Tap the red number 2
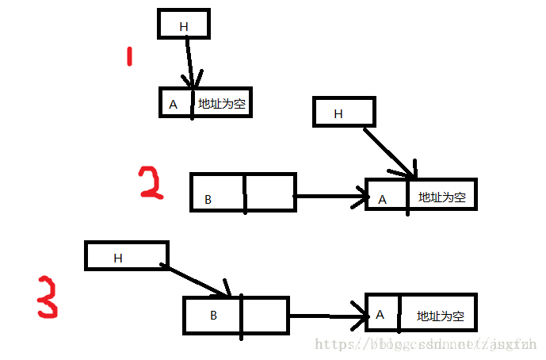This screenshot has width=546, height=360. (150, 182)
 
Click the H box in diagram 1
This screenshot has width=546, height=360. (184, 25)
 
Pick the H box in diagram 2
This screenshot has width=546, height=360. (343, 112)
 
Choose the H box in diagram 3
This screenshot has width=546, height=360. (126, 255)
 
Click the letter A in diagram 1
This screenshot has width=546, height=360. (173, 104)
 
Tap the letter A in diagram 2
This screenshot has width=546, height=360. (382, 199)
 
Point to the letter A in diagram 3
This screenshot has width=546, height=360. (380, 315)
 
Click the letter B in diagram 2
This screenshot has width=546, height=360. (208, 200)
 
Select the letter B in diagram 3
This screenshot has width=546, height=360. (213, 315)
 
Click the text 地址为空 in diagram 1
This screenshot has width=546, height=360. (222, 104)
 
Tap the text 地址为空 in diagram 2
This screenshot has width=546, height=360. (441, 197)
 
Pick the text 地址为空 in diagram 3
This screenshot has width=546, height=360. (440, 316)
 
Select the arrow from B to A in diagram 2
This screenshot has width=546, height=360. (329, 196)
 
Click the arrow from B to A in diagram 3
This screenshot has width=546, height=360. (326, 316)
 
